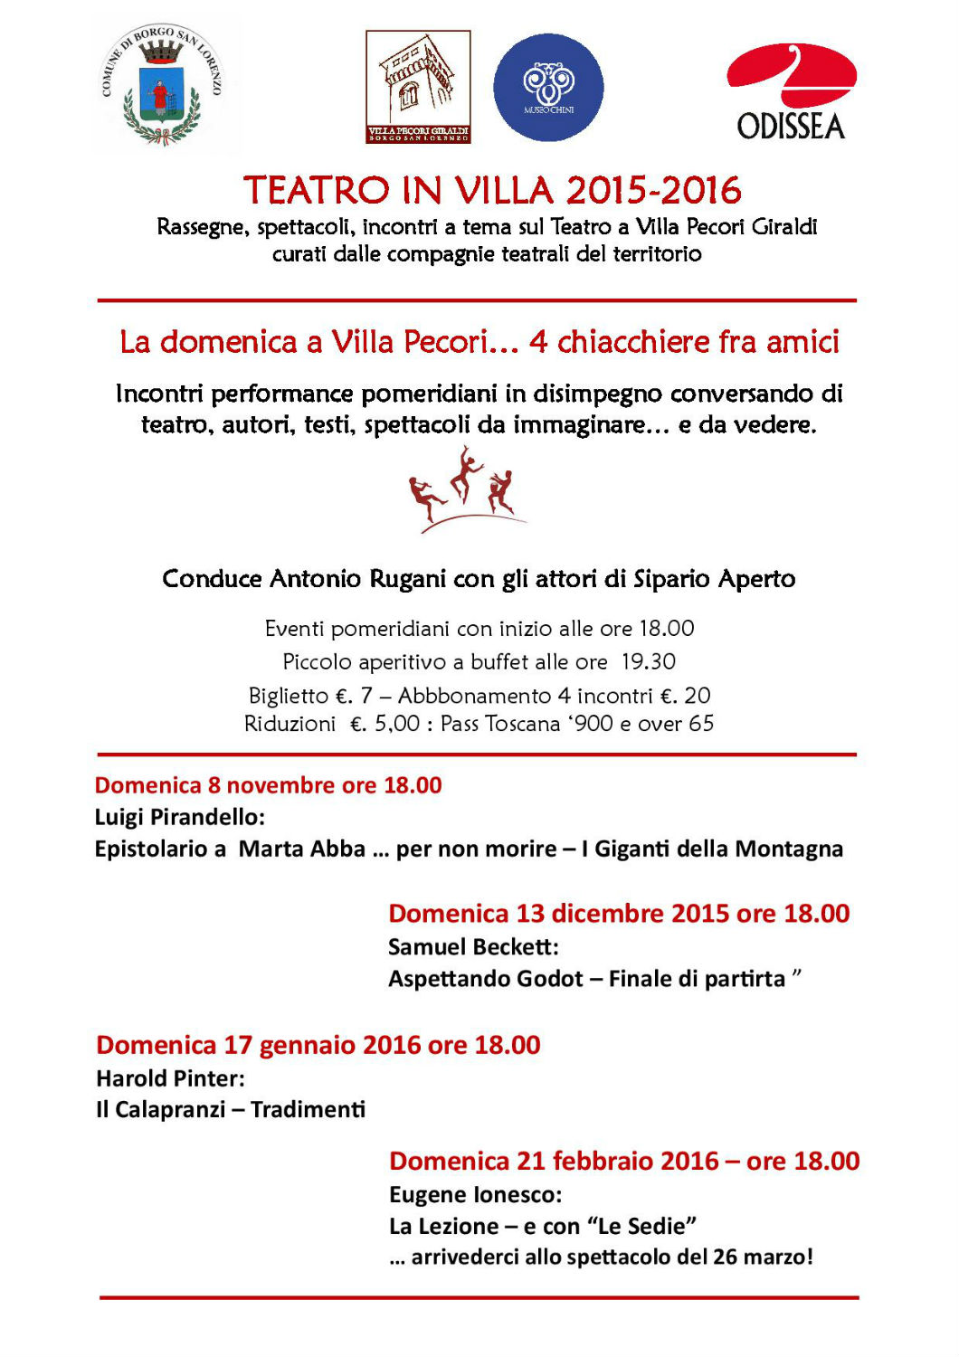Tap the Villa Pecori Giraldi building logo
[418, 87]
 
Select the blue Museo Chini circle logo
[548, 88]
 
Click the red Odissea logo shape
[791, 74]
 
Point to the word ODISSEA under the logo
[791, 127]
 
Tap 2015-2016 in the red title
[653, 191]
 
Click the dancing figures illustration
[463, 489]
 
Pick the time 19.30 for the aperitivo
[648, 662]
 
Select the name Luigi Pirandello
[179, 817]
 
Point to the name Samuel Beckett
[472, 947]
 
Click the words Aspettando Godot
[485, 979]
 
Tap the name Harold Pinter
[169, 1078]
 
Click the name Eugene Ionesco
[474, 1195]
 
